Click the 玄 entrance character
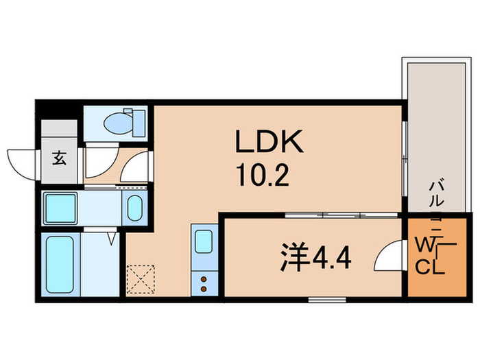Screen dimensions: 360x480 (x=59, y=158)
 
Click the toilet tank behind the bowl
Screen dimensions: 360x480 (x=139, y=122)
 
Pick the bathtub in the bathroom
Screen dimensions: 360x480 (x=59, y=265)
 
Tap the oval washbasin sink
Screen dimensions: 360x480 (x=134, y=206)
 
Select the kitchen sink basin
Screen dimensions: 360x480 (x=204, y=242)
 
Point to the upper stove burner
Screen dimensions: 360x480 (x=204, y=277)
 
